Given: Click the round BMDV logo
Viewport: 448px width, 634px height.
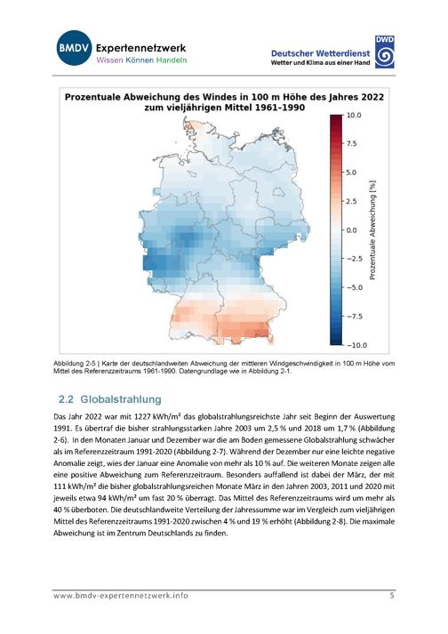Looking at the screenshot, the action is click(x=74, y=48).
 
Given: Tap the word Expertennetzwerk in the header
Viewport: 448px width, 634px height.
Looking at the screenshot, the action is click(x=140, y=48).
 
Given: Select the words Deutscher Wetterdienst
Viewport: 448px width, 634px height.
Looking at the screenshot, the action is click(x=320, y=53).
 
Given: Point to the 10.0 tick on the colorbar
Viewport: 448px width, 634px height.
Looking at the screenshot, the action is click(x=354, y=116).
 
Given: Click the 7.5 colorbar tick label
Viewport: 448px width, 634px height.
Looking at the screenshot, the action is click(x=351, y=143).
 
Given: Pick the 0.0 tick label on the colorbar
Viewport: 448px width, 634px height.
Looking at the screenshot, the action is click(x=351, y=230).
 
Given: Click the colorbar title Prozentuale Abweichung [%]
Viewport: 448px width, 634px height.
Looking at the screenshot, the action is click(x=372, y=229).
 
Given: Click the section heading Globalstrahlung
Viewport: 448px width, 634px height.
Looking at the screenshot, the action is click(x=121, y=399).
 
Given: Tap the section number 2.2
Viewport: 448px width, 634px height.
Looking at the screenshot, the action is click(x=66, y=399).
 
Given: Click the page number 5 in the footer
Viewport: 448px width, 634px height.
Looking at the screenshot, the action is click(x=392, y=595).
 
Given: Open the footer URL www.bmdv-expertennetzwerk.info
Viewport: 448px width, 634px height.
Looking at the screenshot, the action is click(x=121, y=596).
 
